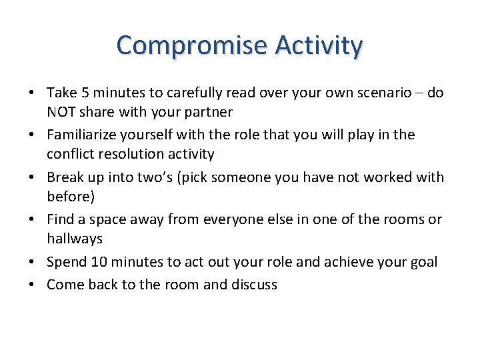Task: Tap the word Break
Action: [65, 177]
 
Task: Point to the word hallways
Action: [74, 238]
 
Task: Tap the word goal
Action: [422, 262]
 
